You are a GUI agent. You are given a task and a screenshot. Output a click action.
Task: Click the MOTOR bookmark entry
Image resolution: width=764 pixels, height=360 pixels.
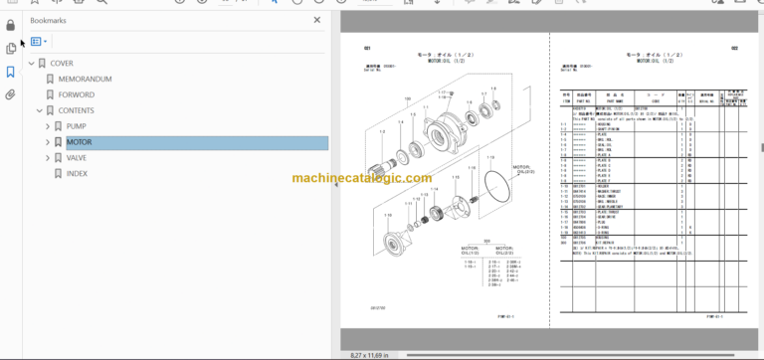click(x=79, y=142)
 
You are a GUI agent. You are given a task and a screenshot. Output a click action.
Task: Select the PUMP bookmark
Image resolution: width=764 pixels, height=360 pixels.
click(x=77, y=126)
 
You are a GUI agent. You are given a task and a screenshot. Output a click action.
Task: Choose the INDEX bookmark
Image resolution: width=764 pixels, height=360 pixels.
click(x=78, y=173)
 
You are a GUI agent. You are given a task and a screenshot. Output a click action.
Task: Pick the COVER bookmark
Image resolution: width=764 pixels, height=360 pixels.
click(x=62, y=63)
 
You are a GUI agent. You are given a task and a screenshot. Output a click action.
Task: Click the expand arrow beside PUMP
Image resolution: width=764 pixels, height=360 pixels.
click(x=47, y=126)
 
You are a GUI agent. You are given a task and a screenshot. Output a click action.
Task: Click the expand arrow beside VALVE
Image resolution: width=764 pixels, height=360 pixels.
click(x=47, y=157)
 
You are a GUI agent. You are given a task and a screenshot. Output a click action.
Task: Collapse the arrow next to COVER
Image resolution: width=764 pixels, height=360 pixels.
click(x=30, y=63)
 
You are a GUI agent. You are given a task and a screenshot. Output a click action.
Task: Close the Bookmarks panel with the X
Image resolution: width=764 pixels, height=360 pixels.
click(x=318, y=19)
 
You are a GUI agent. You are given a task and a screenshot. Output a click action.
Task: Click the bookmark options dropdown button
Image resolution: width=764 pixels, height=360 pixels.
click(x=39, y=42)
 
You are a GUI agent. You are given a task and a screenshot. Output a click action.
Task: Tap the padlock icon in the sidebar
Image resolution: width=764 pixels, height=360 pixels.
click(x=10, y=25)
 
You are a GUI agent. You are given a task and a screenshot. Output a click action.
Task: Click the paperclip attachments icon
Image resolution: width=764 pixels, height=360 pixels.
click(x=10, y=95)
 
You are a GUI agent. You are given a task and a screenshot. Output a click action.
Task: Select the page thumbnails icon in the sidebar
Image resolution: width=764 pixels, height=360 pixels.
click(x=10, y=48)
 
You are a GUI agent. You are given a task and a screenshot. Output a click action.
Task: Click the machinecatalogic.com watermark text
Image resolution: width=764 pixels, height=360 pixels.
click(x=362, y=179)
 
